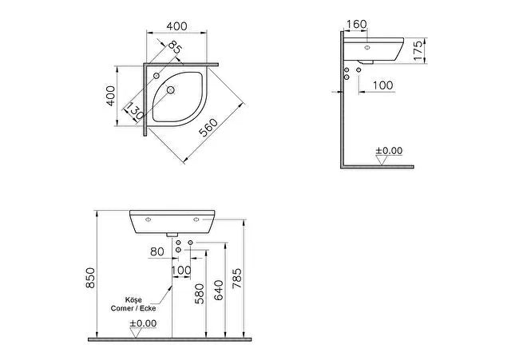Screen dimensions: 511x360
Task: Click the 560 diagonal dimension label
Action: tap(208, 128)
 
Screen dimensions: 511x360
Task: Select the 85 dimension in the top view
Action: tap(175, 48)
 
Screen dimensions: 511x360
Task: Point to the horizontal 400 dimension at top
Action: tap(177, 26)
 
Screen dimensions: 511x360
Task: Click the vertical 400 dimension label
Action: tap(111, 96)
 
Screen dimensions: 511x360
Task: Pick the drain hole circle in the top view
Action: tap(171, 89)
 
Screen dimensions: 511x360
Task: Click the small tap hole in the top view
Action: tap(156, 76)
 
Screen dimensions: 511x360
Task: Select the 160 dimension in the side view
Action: tap(356, 24)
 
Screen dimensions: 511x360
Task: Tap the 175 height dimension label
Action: tap(418, 49)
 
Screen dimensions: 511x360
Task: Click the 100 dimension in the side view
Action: tap(382, 85)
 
